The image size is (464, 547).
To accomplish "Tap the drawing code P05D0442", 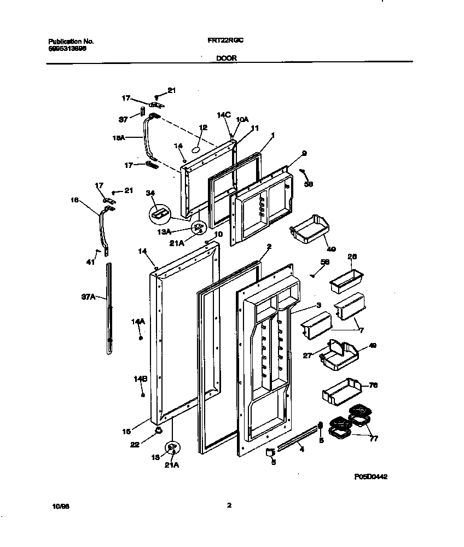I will [x=371, y=477].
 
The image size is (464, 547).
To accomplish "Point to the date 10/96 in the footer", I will [x=57, y=506].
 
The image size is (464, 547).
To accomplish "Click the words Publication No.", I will [x=71, y=41].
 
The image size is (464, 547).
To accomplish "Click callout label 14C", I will [x=223, y=115].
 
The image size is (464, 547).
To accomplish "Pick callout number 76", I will [x=374, y=385].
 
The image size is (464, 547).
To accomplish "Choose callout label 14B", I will [x=141, y=379].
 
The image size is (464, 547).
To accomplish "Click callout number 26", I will [x=352, y=257].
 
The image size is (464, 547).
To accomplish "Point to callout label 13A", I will [x=165, y=232].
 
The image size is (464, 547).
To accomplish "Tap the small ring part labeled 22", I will [x=159, y=430].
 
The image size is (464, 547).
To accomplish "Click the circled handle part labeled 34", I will [x=159, y=212].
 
